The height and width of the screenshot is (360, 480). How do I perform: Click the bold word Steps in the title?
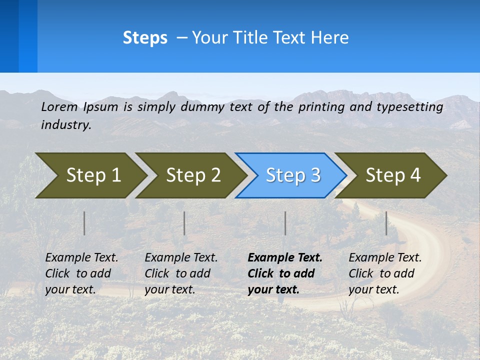click(145, 38)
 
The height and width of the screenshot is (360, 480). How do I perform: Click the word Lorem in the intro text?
click(59, 106)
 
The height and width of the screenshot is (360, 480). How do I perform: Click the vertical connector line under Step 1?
click(84, 223)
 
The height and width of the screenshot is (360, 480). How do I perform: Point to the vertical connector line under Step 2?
click(184, 223)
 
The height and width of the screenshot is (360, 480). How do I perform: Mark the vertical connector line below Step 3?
click(285, 223)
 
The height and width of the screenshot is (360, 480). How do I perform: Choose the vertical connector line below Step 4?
click(386, 223)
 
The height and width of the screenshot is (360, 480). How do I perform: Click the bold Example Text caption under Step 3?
click(285, 273)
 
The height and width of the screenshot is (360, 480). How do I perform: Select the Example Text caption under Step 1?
click(81, 273)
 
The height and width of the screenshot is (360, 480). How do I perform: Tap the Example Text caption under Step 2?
click(181, 273)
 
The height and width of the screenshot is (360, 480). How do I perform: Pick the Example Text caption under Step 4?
click(385, 273)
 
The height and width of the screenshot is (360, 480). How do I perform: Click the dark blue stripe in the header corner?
click(9, 36)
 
